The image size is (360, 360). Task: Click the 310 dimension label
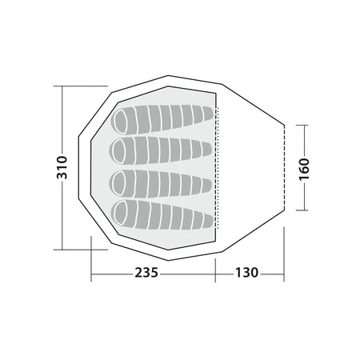pyautogui.click(x=62, y=167)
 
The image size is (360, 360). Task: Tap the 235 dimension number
pyautogui.click(x=146, y=273)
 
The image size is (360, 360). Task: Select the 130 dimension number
pyautogui.click(x=246, y=273)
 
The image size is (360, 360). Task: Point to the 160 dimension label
pyautogui.click(x=304, y=169)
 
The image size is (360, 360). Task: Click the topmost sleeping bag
pyautogui.click(x=162, y=119)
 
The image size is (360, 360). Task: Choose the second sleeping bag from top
pyautogui.click(x=162, y=150)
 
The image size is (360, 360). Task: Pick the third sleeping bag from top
pyautogui.click(x=161, y=184)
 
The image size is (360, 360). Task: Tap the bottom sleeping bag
pyautogui.click(x=162, y=214)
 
